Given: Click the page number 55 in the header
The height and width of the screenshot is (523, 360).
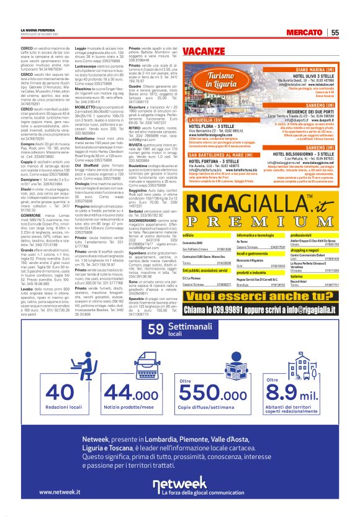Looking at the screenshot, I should pos(334,32).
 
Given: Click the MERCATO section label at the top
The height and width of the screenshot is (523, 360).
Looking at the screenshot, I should pos(304,32).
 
